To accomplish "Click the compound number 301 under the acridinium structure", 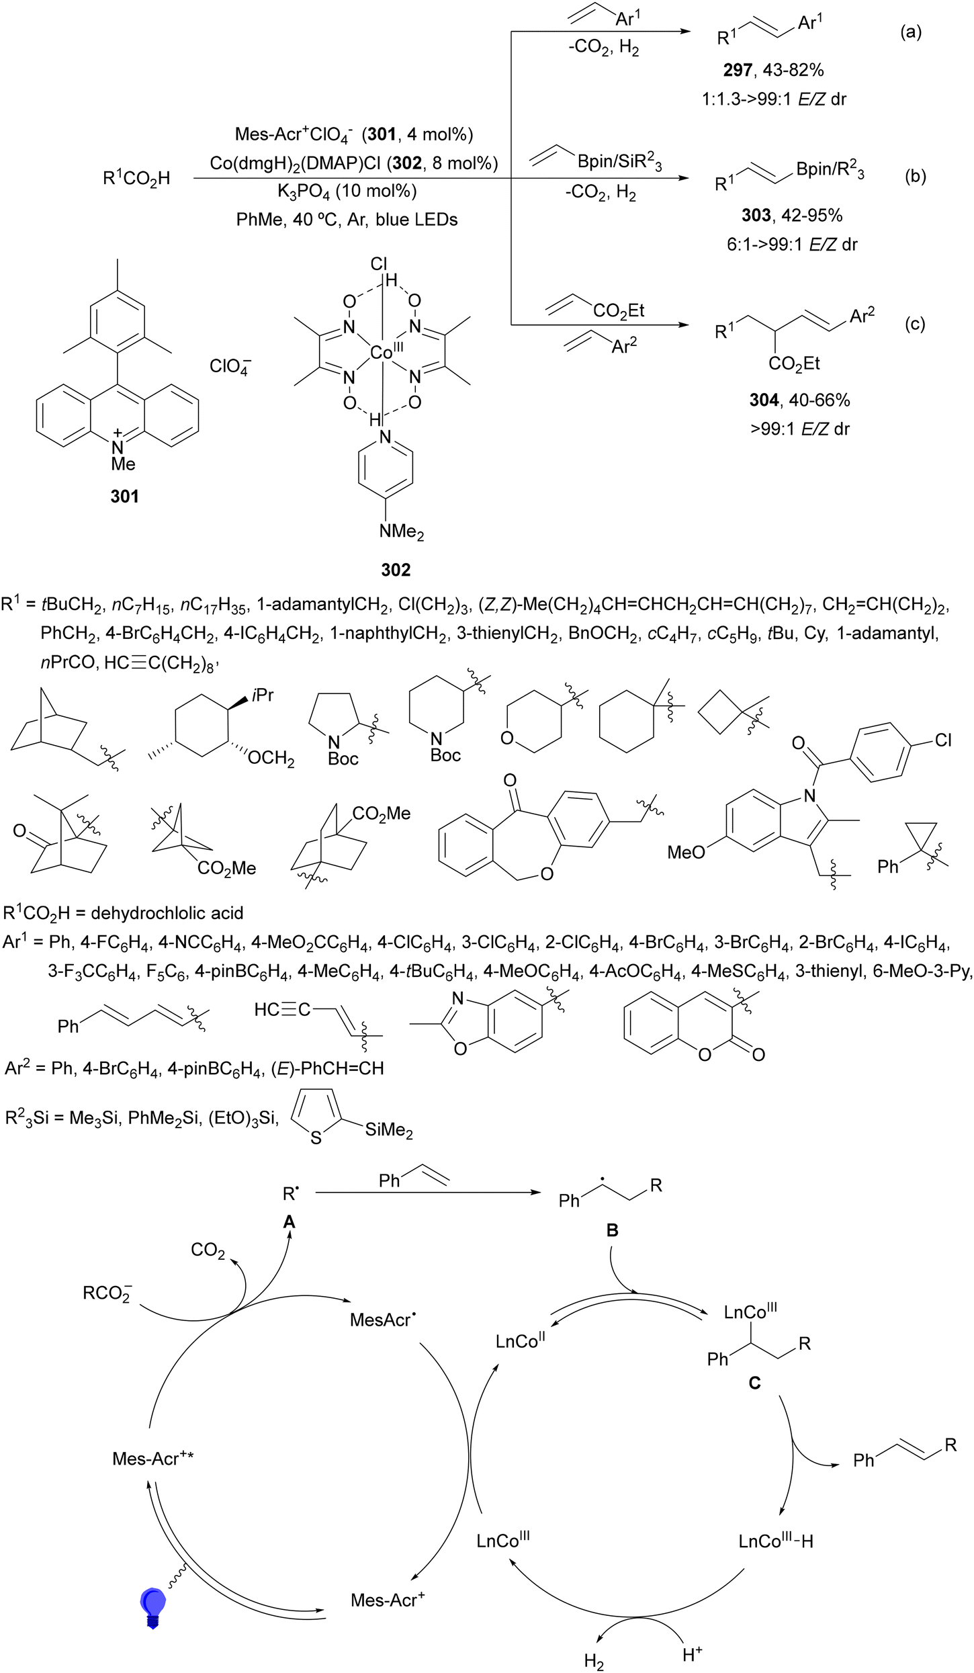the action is click(x=124, y=497).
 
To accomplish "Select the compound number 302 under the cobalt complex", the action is click(x=396, y=570).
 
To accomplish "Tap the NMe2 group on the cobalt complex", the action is click(x=402, y=532).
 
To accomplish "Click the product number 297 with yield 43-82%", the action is click(x=738, y=70).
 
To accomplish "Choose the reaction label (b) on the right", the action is click(x=916, y=176).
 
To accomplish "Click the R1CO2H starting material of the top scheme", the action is click(x=136, y=179).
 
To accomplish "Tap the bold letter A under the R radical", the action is click(x=289, y=1221).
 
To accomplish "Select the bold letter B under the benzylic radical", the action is click(x=613, y=1230).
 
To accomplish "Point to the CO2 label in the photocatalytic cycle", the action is click(x=208, y=1250).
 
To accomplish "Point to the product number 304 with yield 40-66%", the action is click(x=764, y=400).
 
